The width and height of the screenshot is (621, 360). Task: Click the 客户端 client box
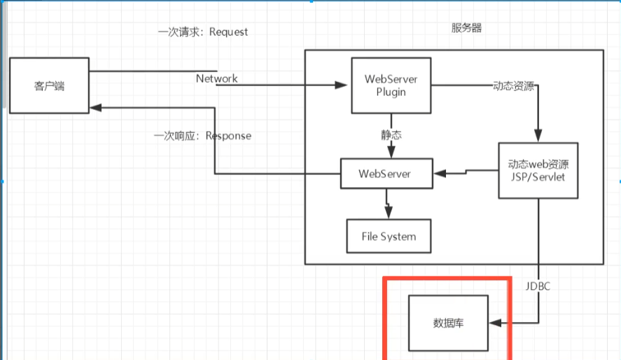pyautogui.click(x=48, y=86)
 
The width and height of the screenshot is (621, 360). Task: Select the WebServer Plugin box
pyautogui.click(x=391, y=85)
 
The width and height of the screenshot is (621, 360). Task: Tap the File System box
pyautogui.click(x=389, y=236)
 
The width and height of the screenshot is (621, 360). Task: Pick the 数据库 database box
pyautogui.click(x=449, y=323)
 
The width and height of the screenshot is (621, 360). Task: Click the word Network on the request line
pyautogui.click(x=216, y=78)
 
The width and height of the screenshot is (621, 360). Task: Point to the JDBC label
pyautogui.click(x=539, y=286)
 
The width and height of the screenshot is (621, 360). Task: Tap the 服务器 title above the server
pyautogui.click(x=467, y=28)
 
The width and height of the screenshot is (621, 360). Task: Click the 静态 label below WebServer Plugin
pyautogui.click(x=391, y=134)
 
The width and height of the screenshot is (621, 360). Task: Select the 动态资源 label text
pyautogui.click(x=514, y=86)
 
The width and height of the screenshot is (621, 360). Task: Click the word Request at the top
pyautogui.click(x=228, y=32)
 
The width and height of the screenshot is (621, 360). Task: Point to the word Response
pyautogui.click(x=228, y=135)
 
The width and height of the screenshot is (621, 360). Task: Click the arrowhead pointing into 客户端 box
pyautogui.click(x=96, y=108)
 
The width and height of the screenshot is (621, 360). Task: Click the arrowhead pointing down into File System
pyautogui.click(x=389, y=213)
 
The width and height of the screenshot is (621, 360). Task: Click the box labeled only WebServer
pyautogui.click(x=386, y=173)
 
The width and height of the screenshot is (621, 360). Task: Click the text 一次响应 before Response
pyautogui.click(x=176, y=135)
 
